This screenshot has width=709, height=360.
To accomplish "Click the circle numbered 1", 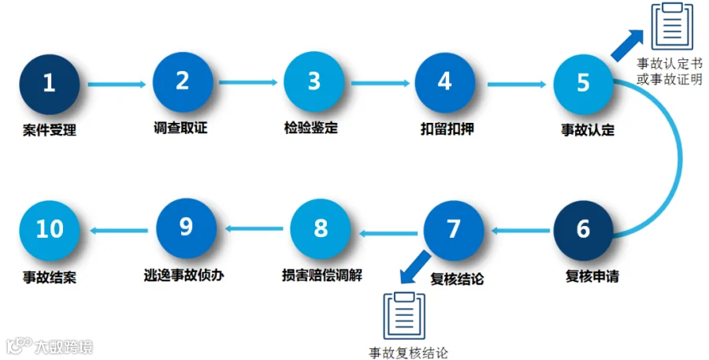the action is click(50, 83).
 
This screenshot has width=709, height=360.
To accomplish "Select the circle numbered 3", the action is click(314, 83).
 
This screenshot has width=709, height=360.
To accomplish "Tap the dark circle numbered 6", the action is click(583, 228).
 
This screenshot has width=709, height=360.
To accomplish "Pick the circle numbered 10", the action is click(50, 228).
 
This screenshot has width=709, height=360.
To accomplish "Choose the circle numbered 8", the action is click(321, 228).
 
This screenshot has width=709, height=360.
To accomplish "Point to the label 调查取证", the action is click(180, 128).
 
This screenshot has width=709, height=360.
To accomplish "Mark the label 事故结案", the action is click(50, 277).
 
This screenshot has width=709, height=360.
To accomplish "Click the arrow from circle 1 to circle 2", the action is click(117, 83).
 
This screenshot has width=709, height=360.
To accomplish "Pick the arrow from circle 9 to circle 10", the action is click(118, 229).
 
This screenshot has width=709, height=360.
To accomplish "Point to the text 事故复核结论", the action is click(408, 352).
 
